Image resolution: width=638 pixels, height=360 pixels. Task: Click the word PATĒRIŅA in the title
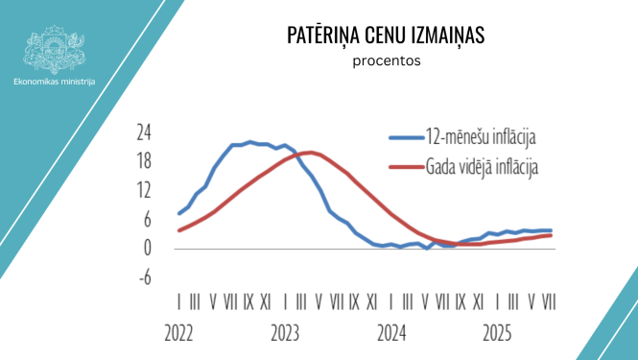(x=324, y=36)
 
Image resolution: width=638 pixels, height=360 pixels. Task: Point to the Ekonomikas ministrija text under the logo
(x=55, y=83)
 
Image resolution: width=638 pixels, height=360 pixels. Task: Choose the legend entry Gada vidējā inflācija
(x=482, y=166)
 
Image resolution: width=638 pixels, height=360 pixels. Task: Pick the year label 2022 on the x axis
(x=183, y=336)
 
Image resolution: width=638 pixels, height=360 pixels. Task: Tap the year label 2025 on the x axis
(x=497, y=336)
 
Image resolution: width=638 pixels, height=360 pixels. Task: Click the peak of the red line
(x=308, y=153)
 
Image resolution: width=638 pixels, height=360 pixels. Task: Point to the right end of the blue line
(x=551, y=230)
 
